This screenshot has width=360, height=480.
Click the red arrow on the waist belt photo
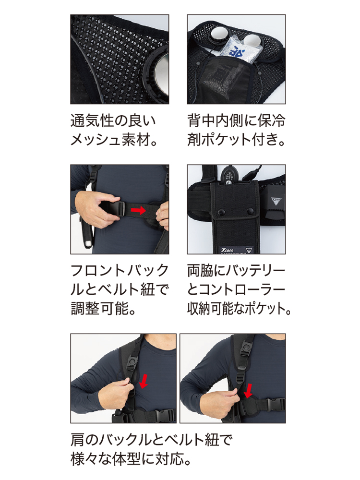pyautogui.click(x=138, y=210)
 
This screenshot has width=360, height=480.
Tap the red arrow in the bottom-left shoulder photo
pyautogui.click(x=143, y=382)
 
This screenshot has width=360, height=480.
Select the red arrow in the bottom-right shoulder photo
pyautogui.click(x=249, y=391)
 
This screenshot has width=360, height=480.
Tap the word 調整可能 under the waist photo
pyautogui.click(x=99, y=308)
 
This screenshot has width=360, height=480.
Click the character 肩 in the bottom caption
pyautogui.click(x=77, y=440)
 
